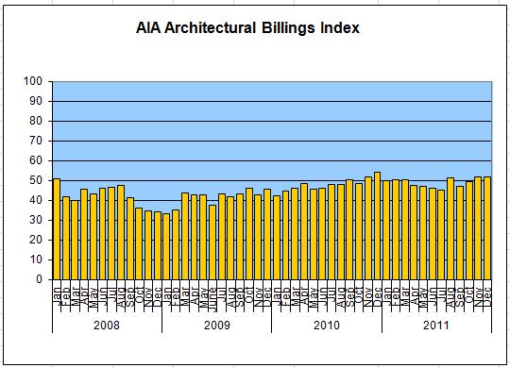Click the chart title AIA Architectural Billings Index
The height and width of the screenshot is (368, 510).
(248, 28)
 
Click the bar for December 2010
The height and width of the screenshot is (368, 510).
(377, 226)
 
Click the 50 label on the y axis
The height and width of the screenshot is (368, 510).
(39, 180)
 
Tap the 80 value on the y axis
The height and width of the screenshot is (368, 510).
(39, 121)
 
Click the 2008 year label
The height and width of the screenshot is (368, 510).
(106, 324)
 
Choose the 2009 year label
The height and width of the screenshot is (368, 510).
(216, 324)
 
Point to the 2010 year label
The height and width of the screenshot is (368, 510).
(326, 324)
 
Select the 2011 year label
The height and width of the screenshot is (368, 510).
(435, 324)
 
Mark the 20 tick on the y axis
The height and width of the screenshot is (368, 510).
(39, 240)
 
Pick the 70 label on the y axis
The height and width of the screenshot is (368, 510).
(39, 141)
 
